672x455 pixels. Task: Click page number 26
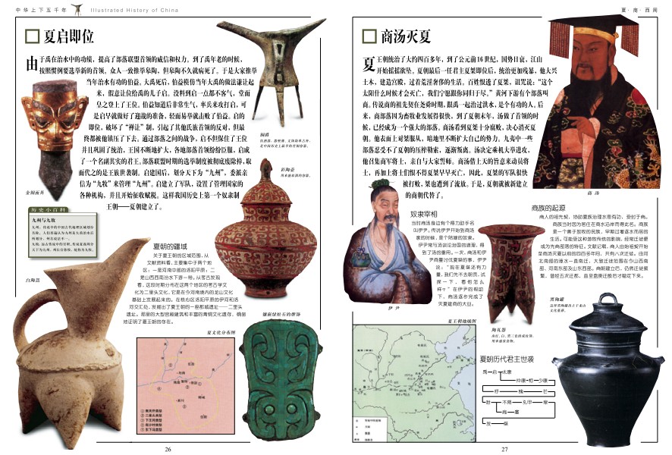[x=168, y=448]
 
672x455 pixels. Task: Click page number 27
[x=503, y=448]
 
